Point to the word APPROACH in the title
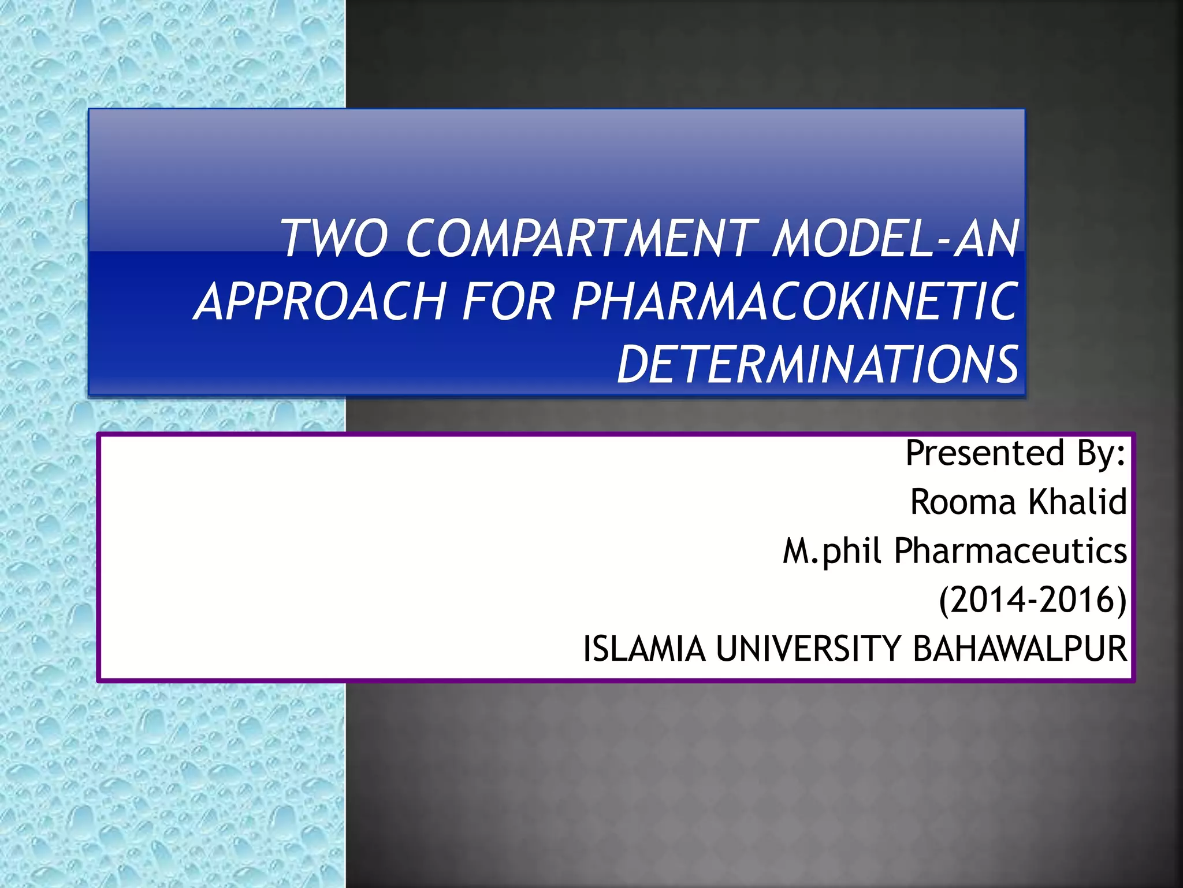[x=321, y=301]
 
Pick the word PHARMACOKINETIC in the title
[x=795, y=301]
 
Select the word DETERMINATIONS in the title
[x=818, y=364]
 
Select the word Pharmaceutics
[x=1010, y=550]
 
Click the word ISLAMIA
[x=644, y=649]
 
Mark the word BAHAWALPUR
[x=1020, y=649]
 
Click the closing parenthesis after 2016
[x=1121, y=601]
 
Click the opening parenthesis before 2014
[x=944, y=601]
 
